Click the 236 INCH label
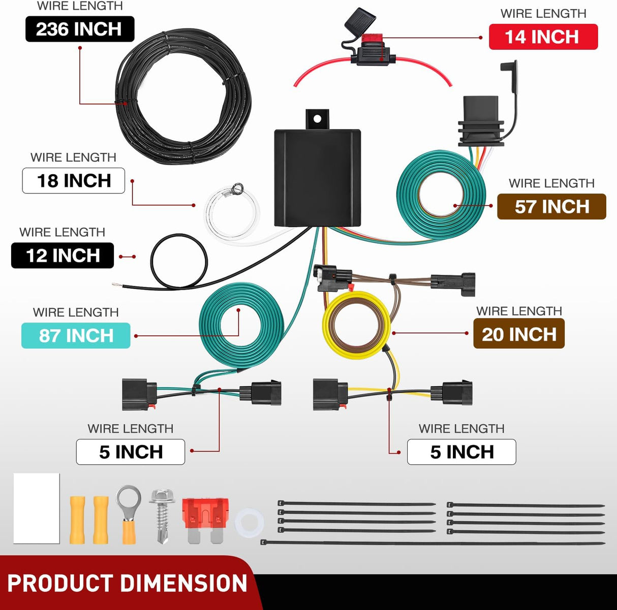(80, 29)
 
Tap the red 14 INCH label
(543, 37)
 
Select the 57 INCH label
(551, 206)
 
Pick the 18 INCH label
(73, 180)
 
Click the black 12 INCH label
(63, 255)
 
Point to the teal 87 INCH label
(76, 335)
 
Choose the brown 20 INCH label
(519, 334)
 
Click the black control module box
(317, 178)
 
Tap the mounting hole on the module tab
(317, 119)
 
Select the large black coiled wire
(183, 96)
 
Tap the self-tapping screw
(162, 516)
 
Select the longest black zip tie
(433, 543)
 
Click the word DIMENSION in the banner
(184, 583)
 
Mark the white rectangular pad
(37, 508)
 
